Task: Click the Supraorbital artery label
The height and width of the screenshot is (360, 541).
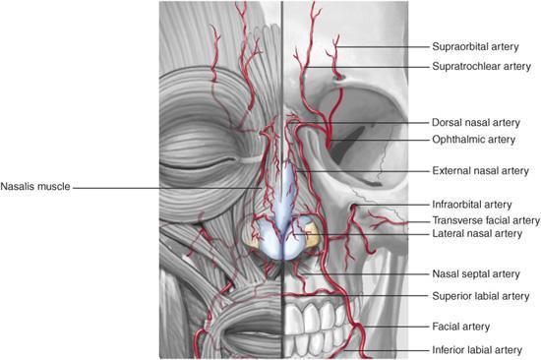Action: pos(475,46)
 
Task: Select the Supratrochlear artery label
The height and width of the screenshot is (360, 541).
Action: pos(481,66)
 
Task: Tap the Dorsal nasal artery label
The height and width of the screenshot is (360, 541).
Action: pos(476,123)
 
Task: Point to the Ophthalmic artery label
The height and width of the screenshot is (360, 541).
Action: pos(474,140)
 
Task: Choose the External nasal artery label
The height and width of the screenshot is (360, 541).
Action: pos(480,170)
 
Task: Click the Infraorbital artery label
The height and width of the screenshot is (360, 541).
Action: pos(471,205)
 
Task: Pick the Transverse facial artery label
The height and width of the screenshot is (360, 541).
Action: pos(486,220)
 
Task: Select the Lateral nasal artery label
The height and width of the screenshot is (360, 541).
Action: pos(477,233)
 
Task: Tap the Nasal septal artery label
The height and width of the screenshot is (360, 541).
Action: pos(476,274)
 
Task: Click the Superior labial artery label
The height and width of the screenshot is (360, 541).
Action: pos(481,296)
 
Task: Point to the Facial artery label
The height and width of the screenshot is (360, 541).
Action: pos(461,327)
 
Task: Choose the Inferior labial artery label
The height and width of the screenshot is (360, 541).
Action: pos(477,350)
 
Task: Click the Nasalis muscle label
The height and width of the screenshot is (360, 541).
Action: pos(35,186)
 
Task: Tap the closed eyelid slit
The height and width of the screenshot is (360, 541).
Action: pos(200,164)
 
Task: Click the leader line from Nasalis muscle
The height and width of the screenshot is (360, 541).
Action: pos(167,188)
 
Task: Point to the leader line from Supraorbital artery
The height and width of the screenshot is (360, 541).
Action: pos(383,46)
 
